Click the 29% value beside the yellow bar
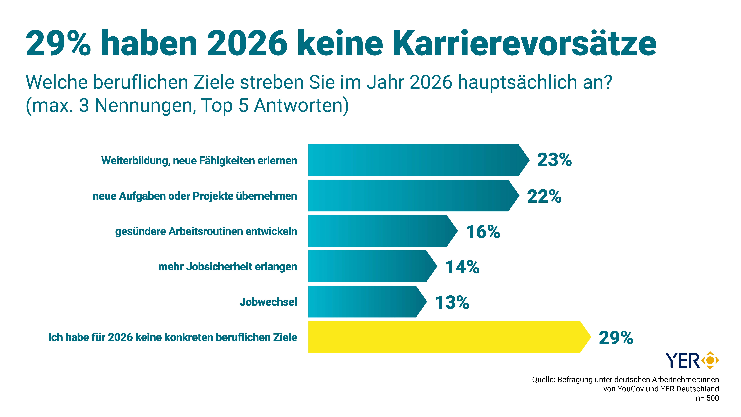tap(616, 338)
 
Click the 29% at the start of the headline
tap(58, 44)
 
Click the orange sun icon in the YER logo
tap(710, 360)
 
